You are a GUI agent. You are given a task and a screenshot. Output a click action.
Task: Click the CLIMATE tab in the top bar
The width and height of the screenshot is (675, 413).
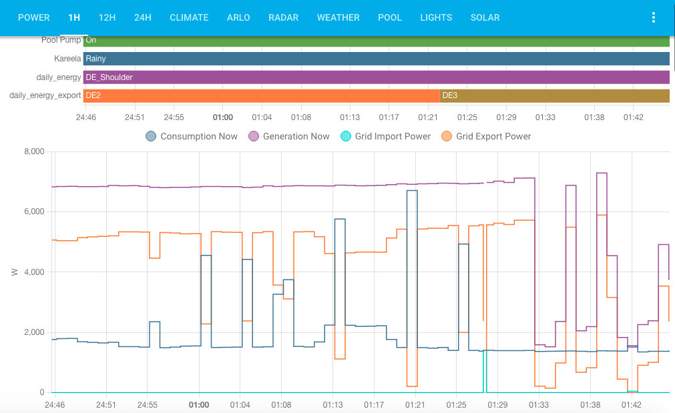coord(189,17)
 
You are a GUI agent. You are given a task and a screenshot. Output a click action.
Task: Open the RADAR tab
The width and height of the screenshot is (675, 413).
coord(284,17)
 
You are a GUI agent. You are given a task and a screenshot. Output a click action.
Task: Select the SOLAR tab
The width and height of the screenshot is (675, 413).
coord(485,17)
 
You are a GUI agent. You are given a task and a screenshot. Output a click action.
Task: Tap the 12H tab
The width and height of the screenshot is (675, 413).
coord(107,17)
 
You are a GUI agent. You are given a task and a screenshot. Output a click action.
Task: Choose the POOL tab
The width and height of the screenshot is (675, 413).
coord(390,17)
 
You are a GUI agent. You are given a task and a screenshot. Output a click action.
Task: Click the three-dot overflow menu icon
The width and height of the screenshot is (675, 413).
coord(654,17)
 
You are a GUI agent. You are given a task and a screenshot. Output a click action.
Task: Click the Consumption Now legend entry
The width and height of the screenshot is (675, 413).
coord(192,136)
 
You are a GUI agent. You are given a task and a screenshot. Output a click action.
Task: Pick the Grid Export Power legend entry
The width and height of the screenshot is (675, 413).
coord(486,136)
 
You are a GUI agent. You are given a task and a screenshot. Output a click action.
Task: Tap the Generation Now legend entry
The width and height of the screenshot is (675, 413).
coord(289,136)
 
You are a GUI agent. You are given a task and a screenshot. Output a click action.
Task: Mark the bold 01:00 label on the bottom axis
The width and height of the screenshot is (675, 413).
coord(199,404)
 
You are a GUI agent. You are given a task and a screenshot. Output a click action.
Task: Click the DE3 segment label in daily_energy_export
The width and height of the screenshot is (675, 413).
coord(450,95)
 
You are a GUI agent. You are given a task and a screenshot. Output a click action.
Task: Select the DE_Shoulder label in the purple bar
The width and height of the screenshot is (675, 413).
coord(109,77)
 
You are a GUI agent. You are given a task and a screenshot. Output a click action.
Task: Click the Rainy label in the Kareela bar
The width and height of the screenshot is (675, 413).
coord(96,59)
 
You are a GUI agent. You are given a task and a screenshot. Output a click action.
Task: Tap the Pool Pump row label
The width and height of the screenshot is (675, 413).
coord(61,40)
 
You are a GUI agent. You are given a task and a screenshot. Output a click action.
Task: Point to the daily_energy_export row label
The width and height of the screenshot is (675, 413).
coord(45,95)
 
